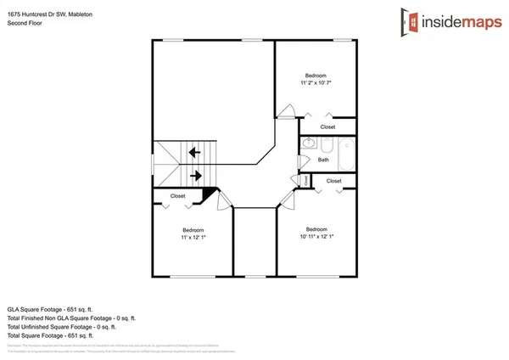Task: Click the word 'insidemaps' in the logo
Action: click(x=458, y=19)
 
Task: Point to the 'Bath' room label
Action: click(x=323, y=160)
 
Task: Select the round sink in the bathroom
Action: click(x=308, y=143)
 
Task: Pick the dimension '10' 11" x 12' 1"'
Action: click(x=316, y=237)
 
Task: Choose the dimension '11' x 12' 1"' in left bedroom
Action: click(x=193, y=238)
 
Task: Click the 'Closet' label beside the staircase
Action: click(x=177, y=196)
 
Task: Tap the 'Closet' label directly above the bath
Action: click(x=327, y=127)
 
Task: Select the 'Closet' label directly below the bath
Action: click(x=333, y=181)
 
